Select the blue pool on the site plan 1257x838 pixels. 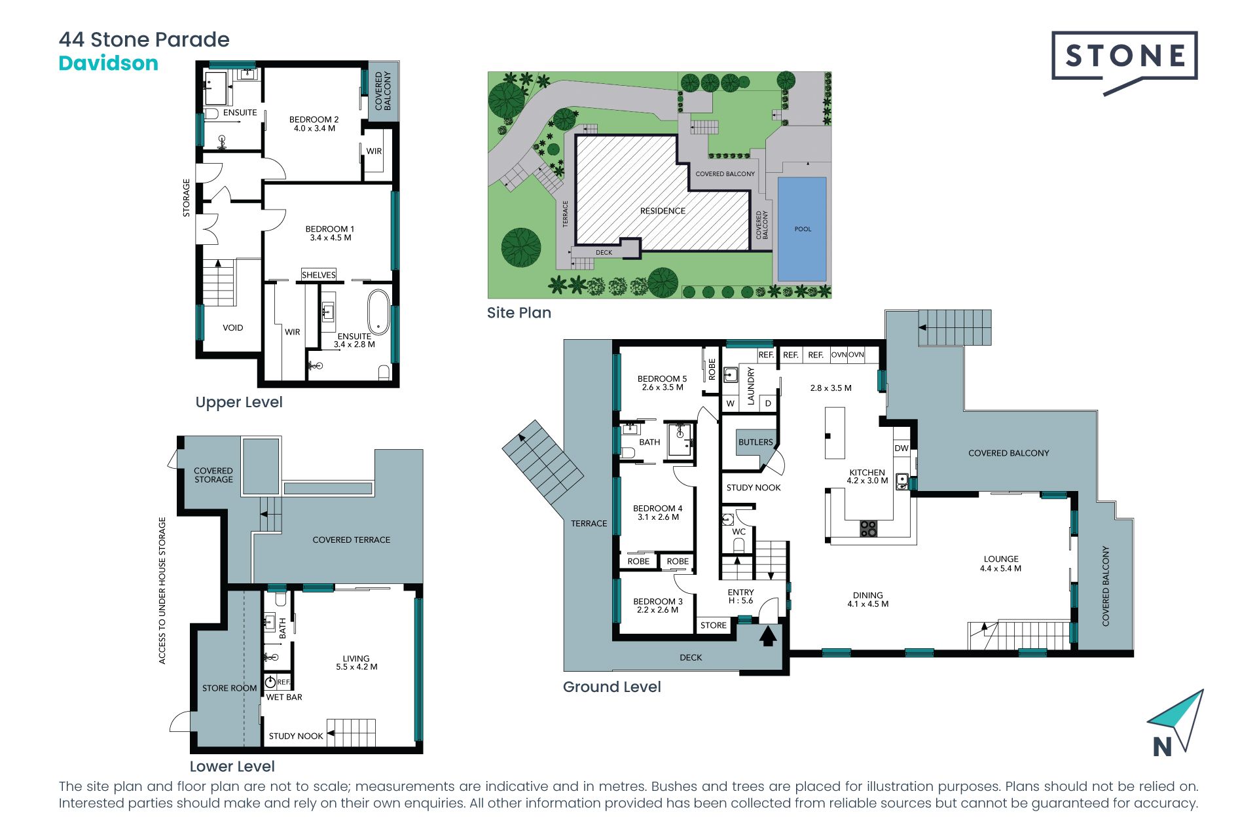coord(802,229)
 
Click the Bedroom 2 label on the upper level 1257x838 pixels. coord(314,124)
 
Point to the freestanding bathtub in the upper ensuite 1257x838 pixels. coord(378,312)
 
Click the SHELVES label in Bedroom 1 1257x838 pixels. coord(319,275)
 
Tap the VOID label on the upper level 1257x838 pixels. coord(233,328)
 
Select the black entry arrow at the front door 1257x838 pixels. coord(768,635)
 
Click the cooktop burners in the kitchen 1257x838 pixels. coord(868,528)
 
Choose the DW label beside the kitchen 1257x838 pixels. coord(902,448)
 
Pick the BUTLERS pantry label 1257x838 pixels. coord(756,442)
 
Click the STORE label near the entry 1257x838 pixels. coord(714,625)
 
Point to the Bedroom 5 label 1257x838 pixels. coord(663,383)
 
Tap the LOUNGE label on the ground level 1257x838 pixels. coord(1001,564)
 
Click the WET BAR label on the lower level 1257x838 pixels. coord(284,697)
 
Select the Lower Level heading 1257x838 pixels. coord(232,766)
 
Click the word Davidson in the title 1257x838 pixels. coord(109,64)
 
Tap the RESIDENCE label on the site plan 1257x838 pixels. coord(663,211)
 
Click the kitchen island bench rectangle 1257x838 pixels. coord(835,433)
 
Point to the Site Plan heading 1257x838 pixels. coord(519,313)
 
